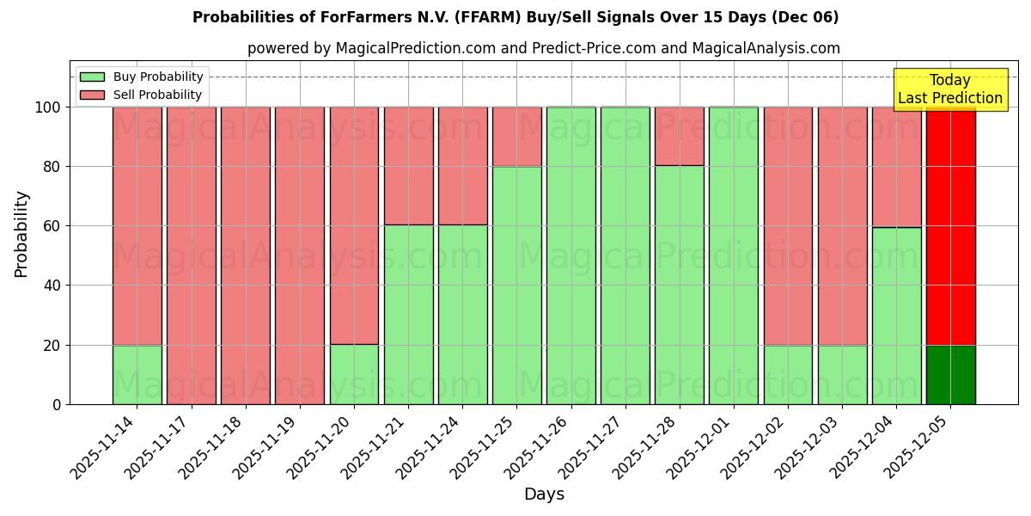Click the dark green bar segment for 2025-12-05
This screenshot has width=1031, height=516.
(950, 375)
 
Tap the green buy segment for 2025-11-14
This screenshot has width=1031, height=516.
(137, 375)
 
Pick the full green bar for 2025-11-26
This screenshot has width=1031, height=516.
(570, 255)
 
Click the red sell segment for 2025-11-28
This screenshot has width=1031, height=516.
(679, 136)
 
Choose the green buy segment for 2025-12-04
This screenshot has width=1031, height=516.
(896, 316)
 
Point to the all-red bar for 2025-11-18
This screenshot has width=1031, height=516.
(245, 255)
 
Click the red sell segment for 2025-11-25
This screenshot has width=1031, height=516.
(516, 136)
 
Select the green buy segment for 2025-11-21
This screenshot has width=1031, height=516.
(408, 315)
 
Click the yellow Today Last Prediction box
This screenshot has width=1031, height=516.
(949, 89)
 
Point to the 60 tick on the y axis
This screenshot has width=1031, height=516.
(54, 226)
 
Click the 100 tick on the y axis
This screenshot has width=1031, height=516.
(50, 107)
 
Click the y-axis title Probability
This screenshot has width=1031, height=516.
(21, 234)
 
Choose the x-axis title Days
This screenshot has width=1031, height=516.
(544, 494)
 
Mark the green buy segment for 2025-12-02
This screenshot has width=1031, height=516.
(787, 375)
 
